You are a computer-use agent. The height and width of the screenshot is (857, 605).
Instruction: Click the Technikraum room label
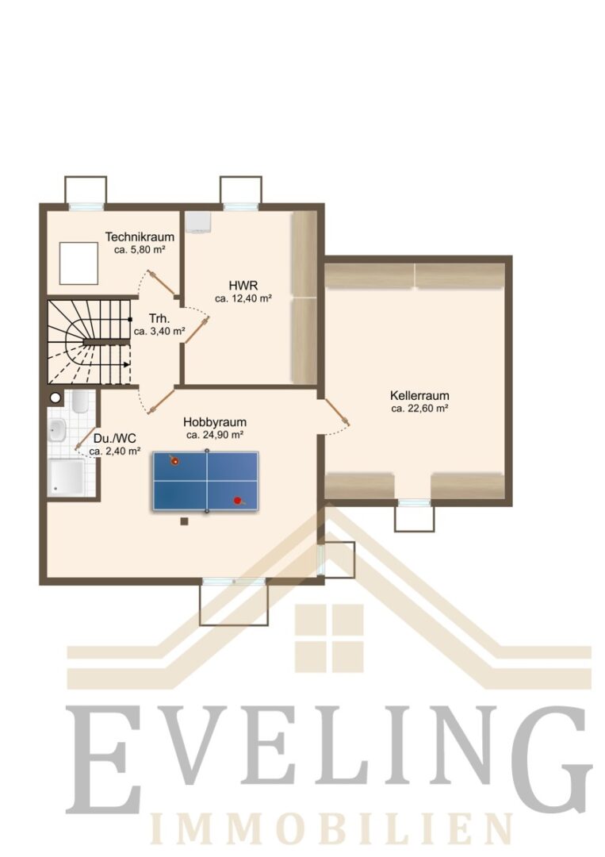pyautogui.click(x=140, y=236)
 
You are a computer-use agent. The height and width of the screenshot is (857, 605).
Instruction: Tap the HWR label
pyautogui.click(x=243, y=286)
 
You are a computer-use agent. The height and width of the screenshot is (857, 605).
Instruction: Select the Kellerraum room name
pyautogui.click(x=419, y=395)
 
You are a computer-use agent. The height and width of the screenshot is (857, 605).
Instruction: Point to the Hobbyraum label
pyautogui.click(x=215, y=422)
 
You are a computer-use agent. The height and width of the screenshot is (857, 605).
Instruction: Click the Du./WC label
pyautogui.click(x=115, y=438)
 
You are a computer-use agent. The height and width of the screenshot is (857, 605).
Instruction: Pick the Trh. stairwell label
pyautogui.click(x=159, y=319)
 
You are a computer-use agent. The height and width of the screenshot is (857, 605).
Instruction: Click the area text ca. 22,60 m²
pyautogui.click(x=419, y=409)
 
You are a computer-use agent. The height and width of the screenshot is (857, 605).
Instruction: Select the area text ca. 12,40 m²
pyautogui.click(x=243, y=298)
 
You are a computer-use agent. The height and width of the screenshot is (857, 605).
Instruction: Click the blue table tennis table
pyautogui.click(x=206, y=481)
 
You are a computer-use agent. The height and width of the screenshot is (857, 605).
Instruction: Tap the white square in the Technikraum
pyautogui.click(x=78, y=263)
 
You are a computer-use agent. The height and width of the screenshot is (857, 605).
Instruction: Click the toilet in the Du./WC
pyautogui.click(x=80, y=402)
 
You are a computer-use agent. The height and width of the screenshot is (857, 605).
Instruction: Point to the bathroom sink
pyautogui.click(x=57, y=430)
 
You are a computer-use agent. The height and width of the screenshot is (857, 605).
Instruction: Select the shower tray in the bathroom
pyautogui.click(x=66, y=477)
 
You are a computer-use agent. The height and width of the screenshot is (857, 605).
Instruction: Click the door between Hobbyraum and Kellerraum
pyautogui.click(x=336, y=411)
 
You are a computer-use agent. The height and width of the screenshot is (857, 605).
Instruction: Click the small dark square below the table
pyautogui.click(x=185, y=521)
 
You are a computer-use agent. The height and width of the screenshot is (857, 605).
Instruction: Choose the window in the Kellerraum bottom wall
pyautogui.click(x=415, y=502)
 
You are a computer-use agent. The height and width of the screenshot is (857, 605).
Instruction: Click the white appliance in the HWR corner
pyautogui.click(x=197, y=222)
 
